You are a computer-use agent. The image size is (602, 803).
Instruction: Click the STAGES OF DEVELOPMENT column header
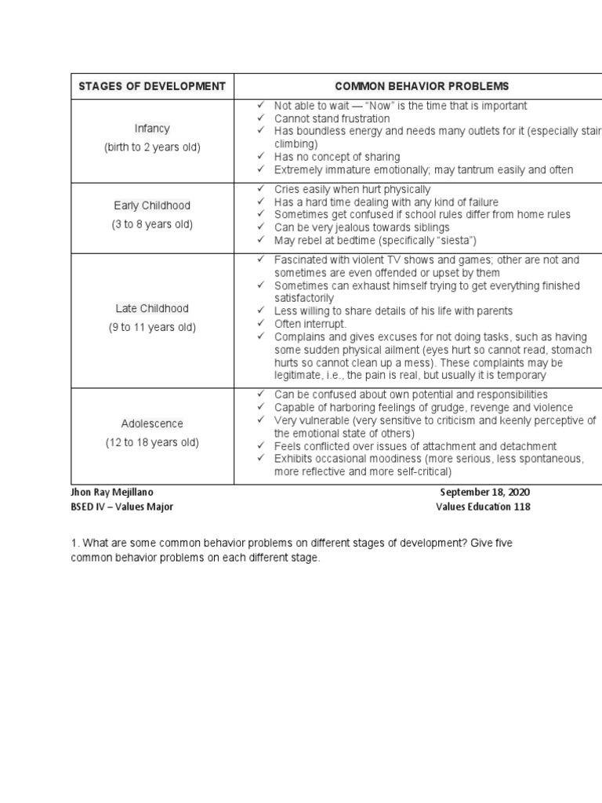152,85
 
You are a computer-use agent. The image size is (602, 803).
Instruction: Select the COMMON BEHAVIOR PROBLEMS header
422,85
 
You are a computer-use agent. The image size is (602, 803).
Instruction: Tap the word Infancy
152,128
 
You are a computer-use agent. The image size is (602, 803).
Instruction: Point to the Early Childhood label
152,205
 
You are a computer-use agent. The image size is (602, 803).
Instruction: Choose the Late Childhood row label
152,308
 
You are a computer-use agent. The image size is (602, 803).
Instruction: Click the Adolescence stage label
152,423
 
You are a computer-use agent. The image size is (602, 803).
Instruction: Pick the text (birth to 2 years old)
152,147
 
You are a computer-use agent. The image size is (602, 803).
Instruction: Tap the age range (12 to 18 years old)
152,442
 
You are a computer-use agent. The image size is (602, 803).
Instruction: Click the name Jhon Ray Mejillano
118,492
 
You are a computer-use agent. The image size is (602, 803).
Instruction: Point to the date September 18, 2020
485,492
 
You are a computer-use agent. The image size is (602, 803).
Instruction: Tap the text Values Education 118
483,507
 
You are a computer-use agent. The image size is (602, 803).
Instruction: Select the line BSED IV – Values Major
121,507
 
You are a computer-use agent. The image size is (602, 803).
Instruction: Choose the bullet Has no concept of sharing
337,157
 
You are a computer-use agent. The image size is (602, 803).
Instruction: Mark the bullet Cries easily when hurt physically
352,189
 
